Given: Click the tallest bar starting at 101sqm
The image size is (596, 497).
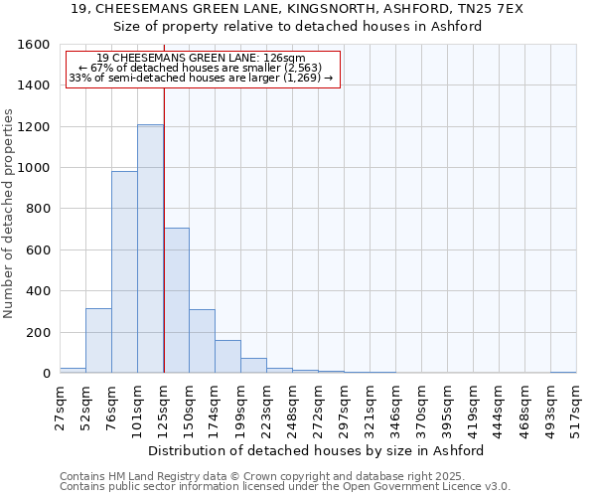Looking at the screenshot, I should [150, 248].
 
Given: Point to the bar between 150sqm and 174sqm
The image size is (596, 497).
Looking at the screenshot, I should [202, 341].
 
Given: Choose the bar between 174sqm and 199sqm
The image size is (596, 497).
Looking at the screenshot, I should [227, 356].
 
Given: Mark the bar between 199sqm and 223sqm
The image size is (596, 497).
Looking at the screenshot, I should [253, 365].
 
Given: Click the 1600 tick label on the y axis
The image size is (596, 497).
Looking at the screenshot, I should [34, 45].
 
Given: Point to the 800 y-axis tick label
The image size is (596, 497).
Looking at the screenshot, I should [38, 209].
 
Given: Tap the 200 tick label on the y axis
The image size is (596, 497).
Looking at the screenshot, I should [38, 332].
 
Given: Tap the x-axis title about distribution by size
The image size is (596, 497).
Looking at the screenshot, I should [322, 449].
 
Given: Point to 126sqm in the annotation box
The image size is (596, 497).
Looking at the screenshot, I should [285, 58].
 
